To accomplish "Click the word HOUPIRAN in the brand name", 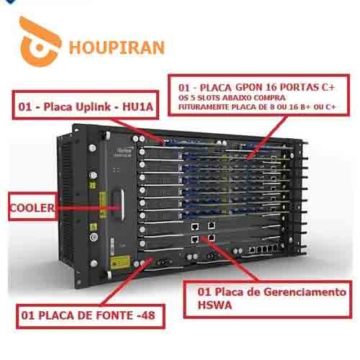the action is [x=117, y=48].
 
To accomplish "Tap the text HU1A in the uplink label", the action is [x=138, y=107].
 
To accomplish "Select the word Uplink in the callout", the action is [x=93, y=107].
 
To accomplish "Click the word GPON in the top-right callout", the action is [x=249, y=87].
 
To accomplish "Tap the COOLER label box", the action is [x=32, y=207].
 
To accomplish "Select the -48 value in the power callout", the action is [x=145, y=315].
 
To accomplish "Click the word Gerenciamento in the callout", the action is [x=305, y=292].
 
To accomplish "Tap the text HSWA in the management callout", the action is [x=215, y=305].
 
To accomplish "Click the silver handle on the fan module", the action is [x=122, y=204].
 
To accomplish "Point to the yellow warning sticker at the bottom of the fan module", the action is [x=120, y=262].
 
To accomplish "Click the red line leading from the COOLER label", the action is [x=88, y=208].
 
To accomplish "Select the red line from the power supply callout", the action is [x=127, y=281].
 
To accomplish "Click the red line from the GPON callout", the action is [x=266, y=137].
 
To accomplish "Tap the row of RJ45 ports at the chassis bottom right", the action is [x=264, y=250].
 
